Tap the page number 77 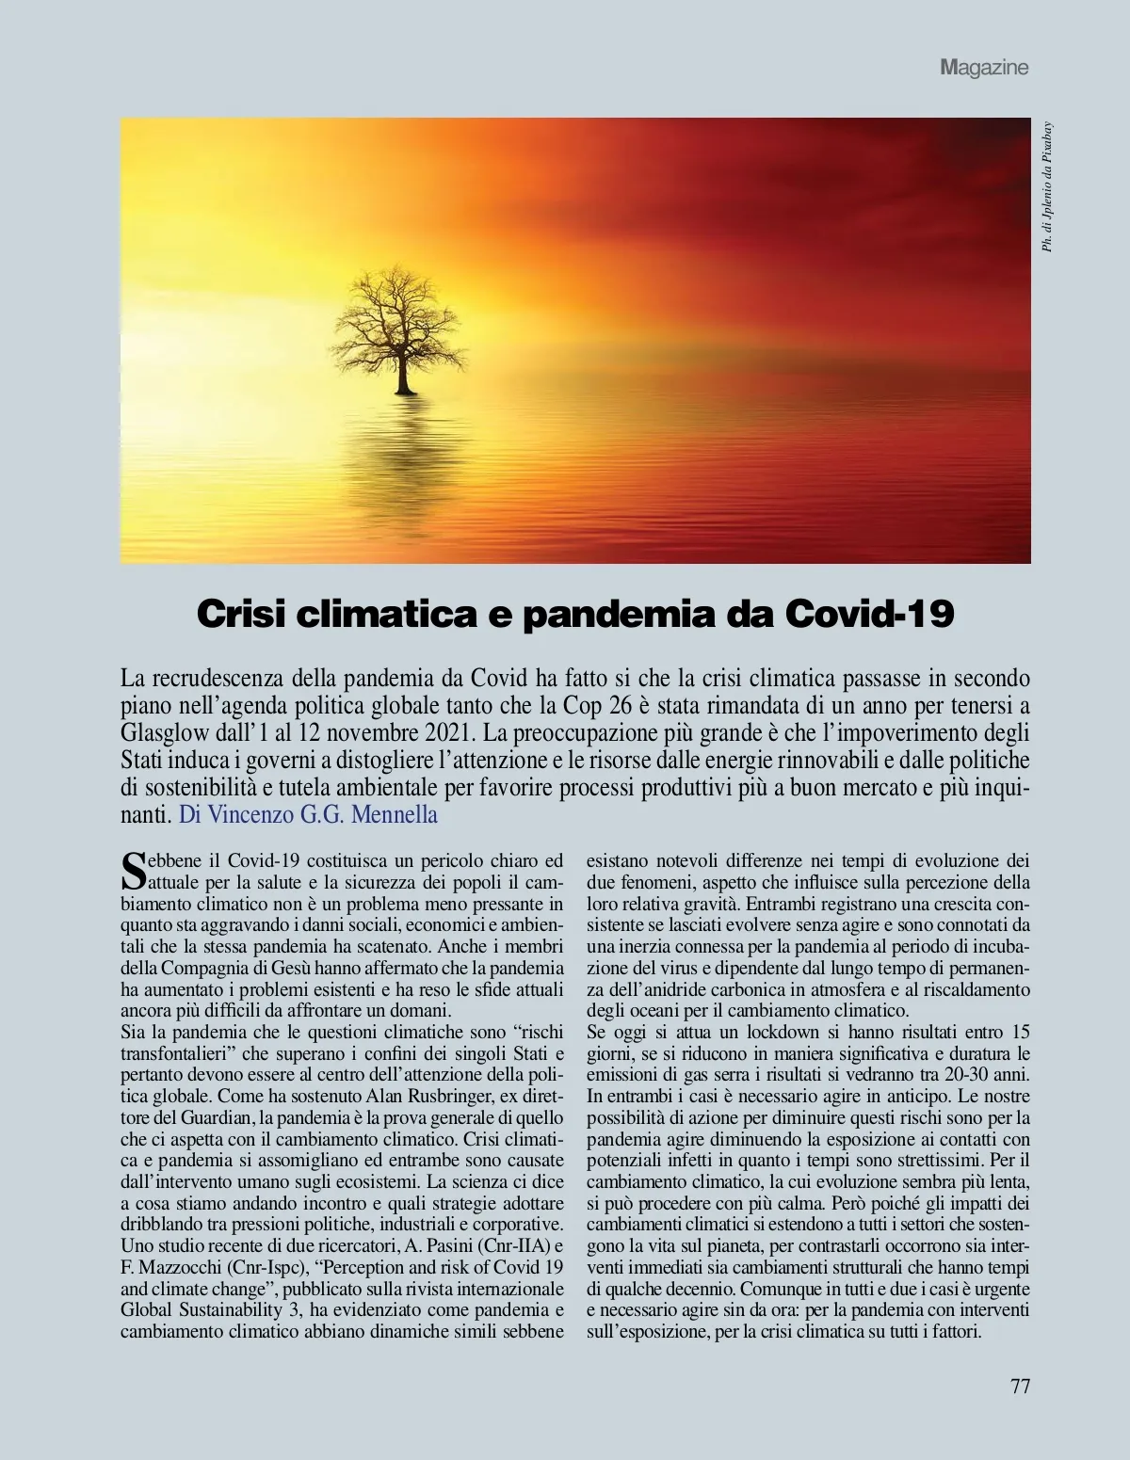(1020, 1386)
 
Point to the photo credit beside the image (1047, 187)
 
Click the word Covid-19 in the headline (869, 614)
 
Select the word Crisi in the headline (242, 614)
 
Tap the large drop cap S (135, 871)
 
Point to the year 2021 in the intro (449, 732)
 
